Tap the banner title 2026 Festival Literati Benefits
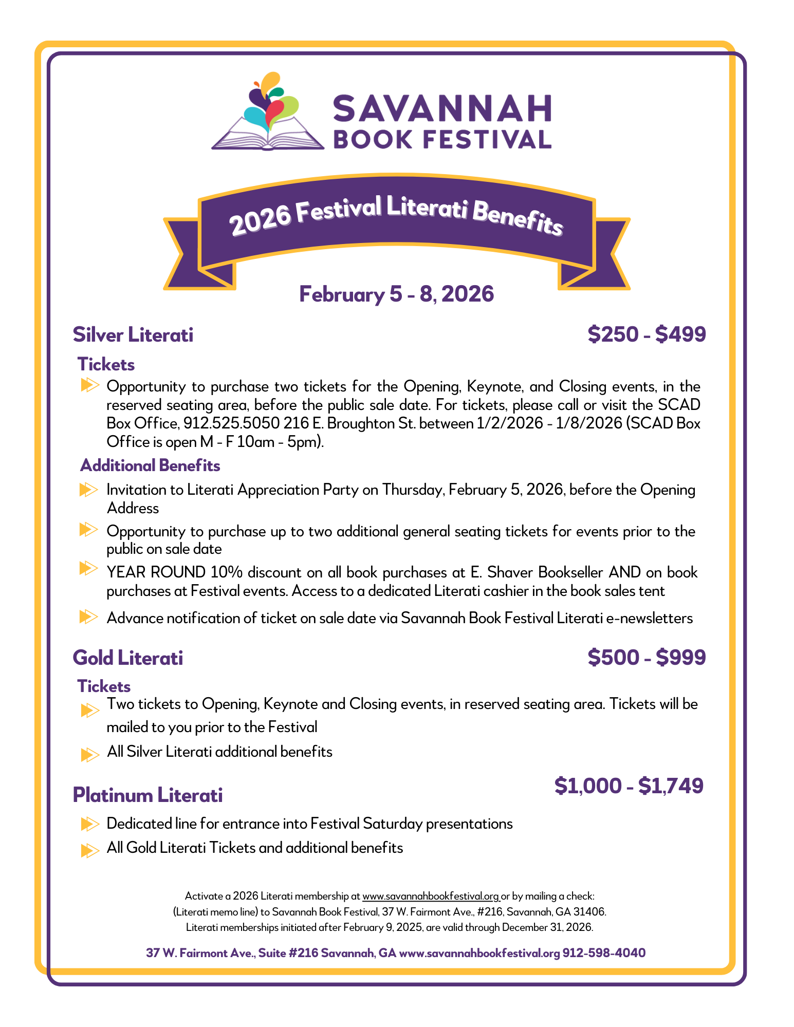coord(396,216)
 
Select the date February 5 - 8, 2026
coord(396,294)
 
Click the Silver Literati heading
coord(133,334)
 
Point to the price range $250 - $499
coord(647,334)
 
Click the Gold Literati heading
coord(128,658)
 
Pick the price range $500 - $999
coord(647,658)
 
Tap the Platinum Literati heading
coord(148,795)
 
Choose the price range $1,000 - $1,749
coord(629,786)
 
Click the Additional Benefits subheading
coord(150,465)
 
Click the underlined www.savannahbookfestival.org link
coord(431,896)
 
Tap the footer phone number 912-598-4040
coord(604,953)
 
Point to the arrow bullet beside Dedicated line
coord(89,825)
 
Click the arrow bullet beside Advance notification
coord(88,617)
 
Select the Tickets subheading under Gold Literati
coord(104,686)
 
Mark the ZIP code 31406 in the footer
coord(591,912)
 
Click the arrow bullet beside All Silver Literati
coord(89,755)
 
